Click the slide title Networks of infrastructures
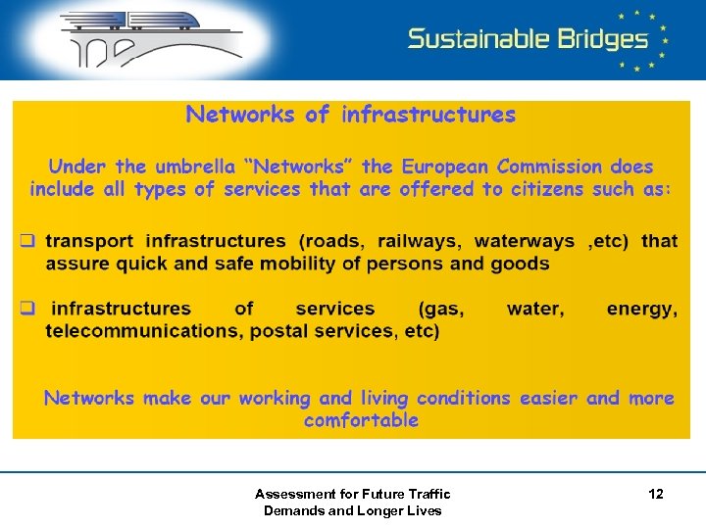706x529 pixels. [350, 115]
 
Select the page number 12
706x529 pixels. [656, 495]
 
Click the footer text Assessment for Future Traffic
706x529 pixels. [352, 494]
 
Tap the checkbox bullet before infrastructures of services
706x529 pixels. [30, 309]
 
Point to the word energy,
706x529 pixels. [641, 309]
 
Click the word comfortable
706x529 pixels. [361, 420]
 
